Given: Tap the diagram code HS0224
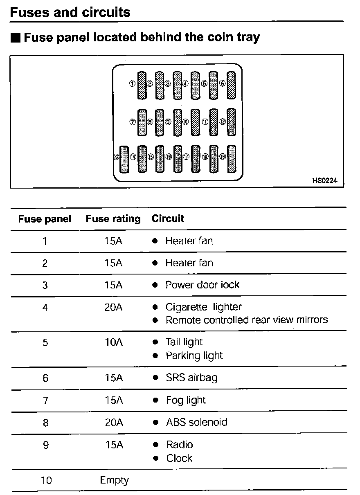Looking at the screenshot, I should [324, 180].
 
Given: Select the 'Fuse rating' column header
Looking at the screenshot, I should [113, 219].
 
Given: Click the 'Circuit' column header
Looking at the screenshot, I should [168, 218].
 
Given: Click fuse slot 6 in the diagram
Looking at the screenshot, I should [232, 85].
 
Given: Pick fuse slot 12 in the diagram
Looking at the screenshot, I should [232, 122].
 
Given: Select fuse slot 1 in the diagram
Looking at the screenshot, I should [142, 85].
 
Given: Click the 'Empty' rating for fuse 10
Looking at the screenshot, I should [114, 480].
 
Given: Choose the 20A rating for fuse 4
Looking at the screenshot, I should [113, 307].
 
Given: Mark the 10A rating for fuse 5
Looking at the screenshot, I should [113, 342].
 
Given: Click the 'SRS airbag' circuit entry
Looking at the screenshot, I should [191, 378].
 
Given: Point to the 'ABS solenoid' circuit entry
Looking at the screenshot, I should [196, 422].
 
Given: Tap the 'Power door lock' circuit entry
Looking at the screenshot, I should [202, 285].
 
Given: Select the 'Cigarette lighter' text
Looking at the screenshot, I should [203, 307].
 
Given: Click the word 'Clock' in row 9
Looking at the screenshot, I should [179, 458].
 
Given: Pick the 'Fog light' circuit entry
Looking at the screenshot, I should [186, 400].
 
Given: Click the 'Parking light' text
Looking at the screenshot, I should [194, 355].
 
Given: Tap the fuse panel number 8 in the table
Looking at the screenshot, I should [45, 423].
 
